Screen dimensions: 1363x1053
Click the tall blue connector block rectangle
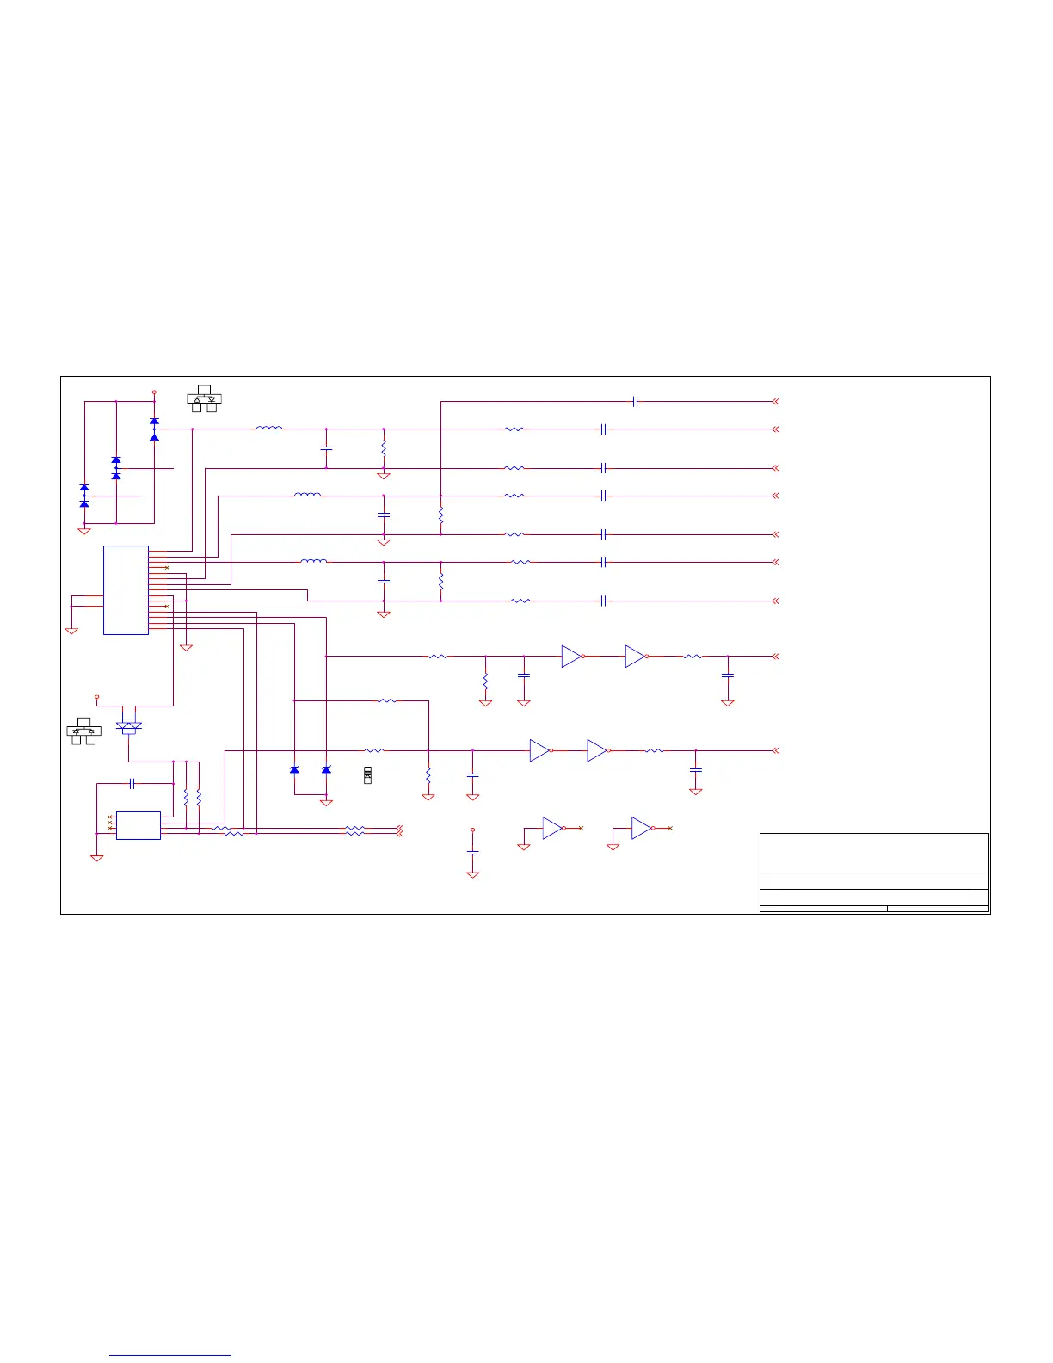[126, 590]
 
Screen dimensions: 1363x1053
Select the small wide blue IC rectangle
[138, 825]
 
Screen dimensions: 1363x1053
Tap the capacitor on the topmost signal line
[635, 401]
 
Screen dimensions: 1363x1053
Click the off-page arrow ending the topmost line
[775, 401]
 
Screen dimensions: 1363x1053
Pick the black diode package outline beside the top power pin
[205, 398]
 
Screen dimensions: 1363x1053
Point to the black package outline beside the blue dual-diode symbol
[83, 731]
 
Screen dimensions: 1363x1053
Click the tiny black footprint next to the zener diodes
[367, 774]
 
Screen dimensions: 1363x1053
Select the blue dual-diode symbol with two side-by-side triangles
[129, 727]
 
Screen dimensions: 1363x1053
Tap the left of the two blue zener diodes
[294, 769]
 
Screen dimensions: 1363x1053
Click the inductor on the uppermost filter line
[269, 428]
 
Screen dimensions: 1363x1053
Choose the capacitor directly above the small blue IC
[132, 783]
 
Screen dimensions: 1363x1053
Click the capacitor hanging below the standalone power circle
[472, 852]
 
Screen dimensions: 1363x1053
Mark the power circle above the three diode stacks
[154, 392]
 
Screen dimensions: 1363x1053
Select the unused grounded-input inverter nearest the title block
[642, 828]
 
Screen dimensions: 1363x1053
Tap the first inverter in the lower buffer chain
[540, 750]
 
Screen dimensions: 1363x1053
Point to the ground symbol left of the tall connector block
[71, 630]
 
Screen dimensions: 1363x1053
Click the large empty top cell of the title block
[874, 853]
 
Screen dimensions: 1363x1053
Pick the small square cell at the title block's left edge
[770, 897]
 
